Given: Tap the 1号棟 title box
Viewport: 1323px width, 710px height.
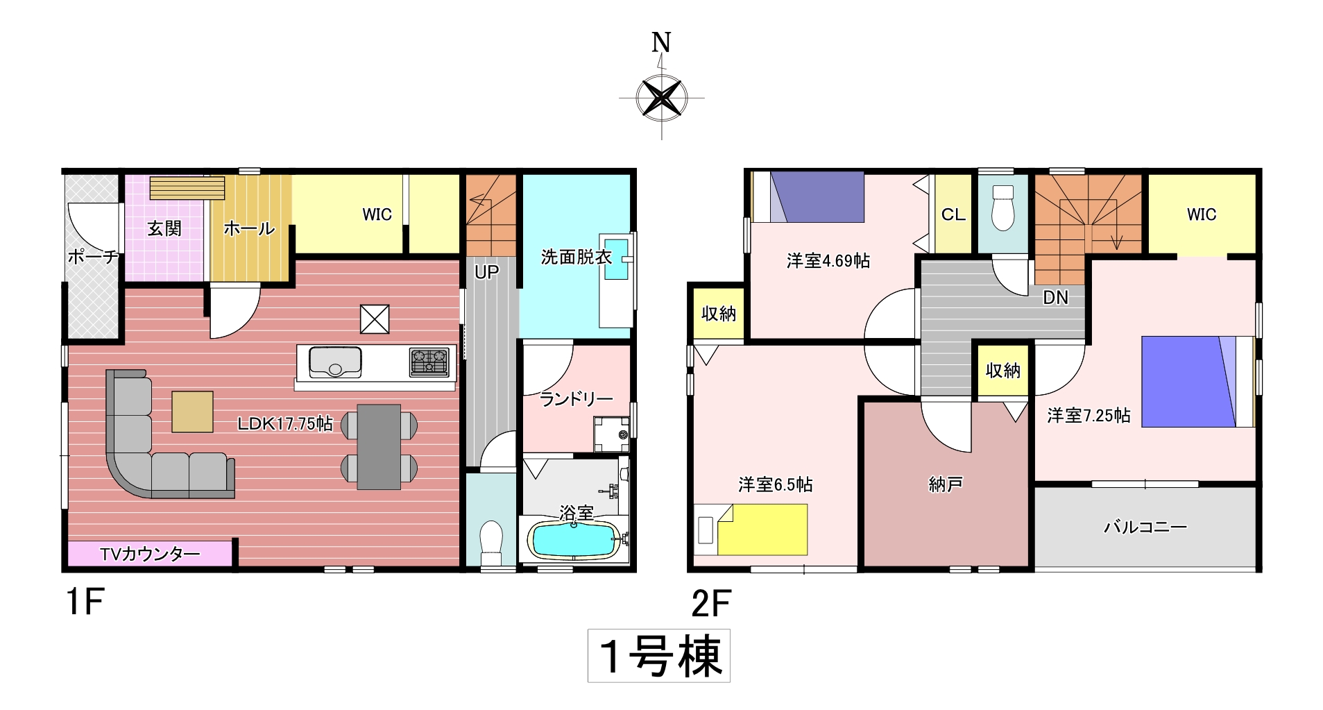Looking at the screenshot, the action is pos(658,656).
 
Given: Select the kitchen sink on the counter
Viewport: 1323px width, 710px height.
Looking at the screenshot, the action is pos(334,362).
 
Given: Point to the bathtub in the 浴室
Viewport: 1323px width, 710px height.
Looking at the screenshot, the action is pos(574,539).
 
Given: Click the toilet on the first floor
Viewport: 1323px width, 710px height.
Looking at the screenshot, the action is pos(491,543).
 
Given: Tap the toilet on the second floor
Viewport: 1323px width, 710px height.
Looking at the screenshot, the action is pos(1002,207).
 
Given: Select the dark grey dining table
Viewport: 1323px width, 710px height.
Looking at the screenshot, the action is pos(379,447).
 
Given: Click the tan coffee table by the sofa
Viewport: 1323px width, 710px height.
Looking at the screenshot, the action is pos(192,412).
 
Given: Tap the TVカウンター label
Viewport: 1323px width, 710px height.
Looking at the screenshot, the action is pos(150,554).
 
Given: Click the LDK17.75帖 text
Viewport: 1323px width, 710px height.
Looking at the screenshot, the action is pos(285,423).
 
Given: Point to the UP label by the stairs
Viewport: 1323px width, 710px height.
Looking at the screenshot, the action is pos(486,272).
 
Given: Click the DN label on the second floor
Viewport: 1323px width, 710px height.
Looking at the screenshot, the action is pos(1055,298).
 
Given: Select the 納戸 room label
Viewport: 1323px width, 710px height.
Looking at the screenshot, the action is pos(945,484).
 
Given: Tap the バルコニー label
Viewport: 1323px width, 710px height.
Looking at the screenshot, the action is pos(1145,527).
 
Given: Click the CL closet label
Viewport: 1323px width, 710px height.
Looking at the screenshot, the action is pos(953,214).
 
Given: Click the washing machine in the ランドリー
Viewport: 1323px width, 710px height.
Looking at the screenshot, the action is pos(612,434).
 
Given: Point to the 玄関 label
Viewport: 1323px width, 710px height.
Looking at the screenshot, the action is pos(164,228).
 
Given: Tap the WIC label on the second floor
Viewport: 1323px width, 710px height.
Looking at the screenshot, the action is pos(1202,214).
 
